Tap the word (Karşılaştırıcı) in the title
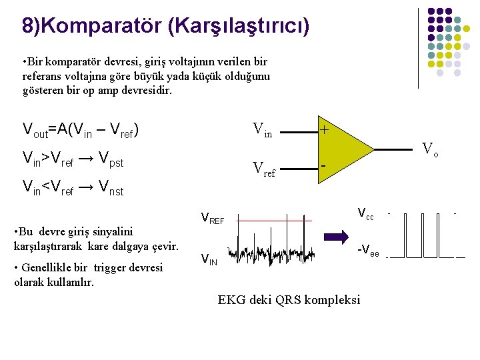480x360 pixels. tap(238, 26)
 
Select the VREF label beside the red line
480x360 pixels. tap(213, 219)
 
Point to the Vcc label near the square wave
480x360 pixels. tap(365, 214)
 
